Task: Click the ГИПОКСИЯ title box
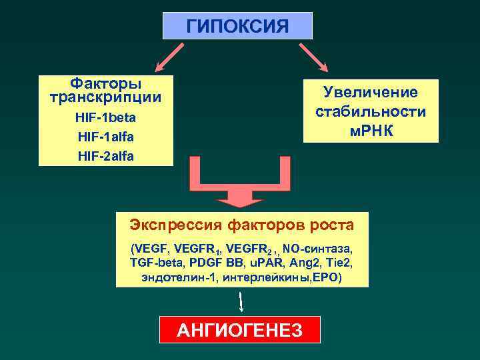237,26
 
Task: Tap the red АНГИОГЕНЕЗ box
239,329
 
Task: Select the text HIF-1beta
106,118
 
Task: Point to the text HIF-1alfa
106,137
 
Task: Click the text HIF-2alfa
106,156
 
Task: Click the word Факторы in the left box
106,84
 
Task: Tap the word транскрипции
106,97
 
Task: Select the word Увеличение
371,93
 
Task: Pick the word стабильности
371,111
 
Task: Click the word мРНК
371,130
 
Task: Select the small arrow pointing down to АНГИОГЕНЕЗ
241,301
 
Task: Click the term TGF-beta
154,263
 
